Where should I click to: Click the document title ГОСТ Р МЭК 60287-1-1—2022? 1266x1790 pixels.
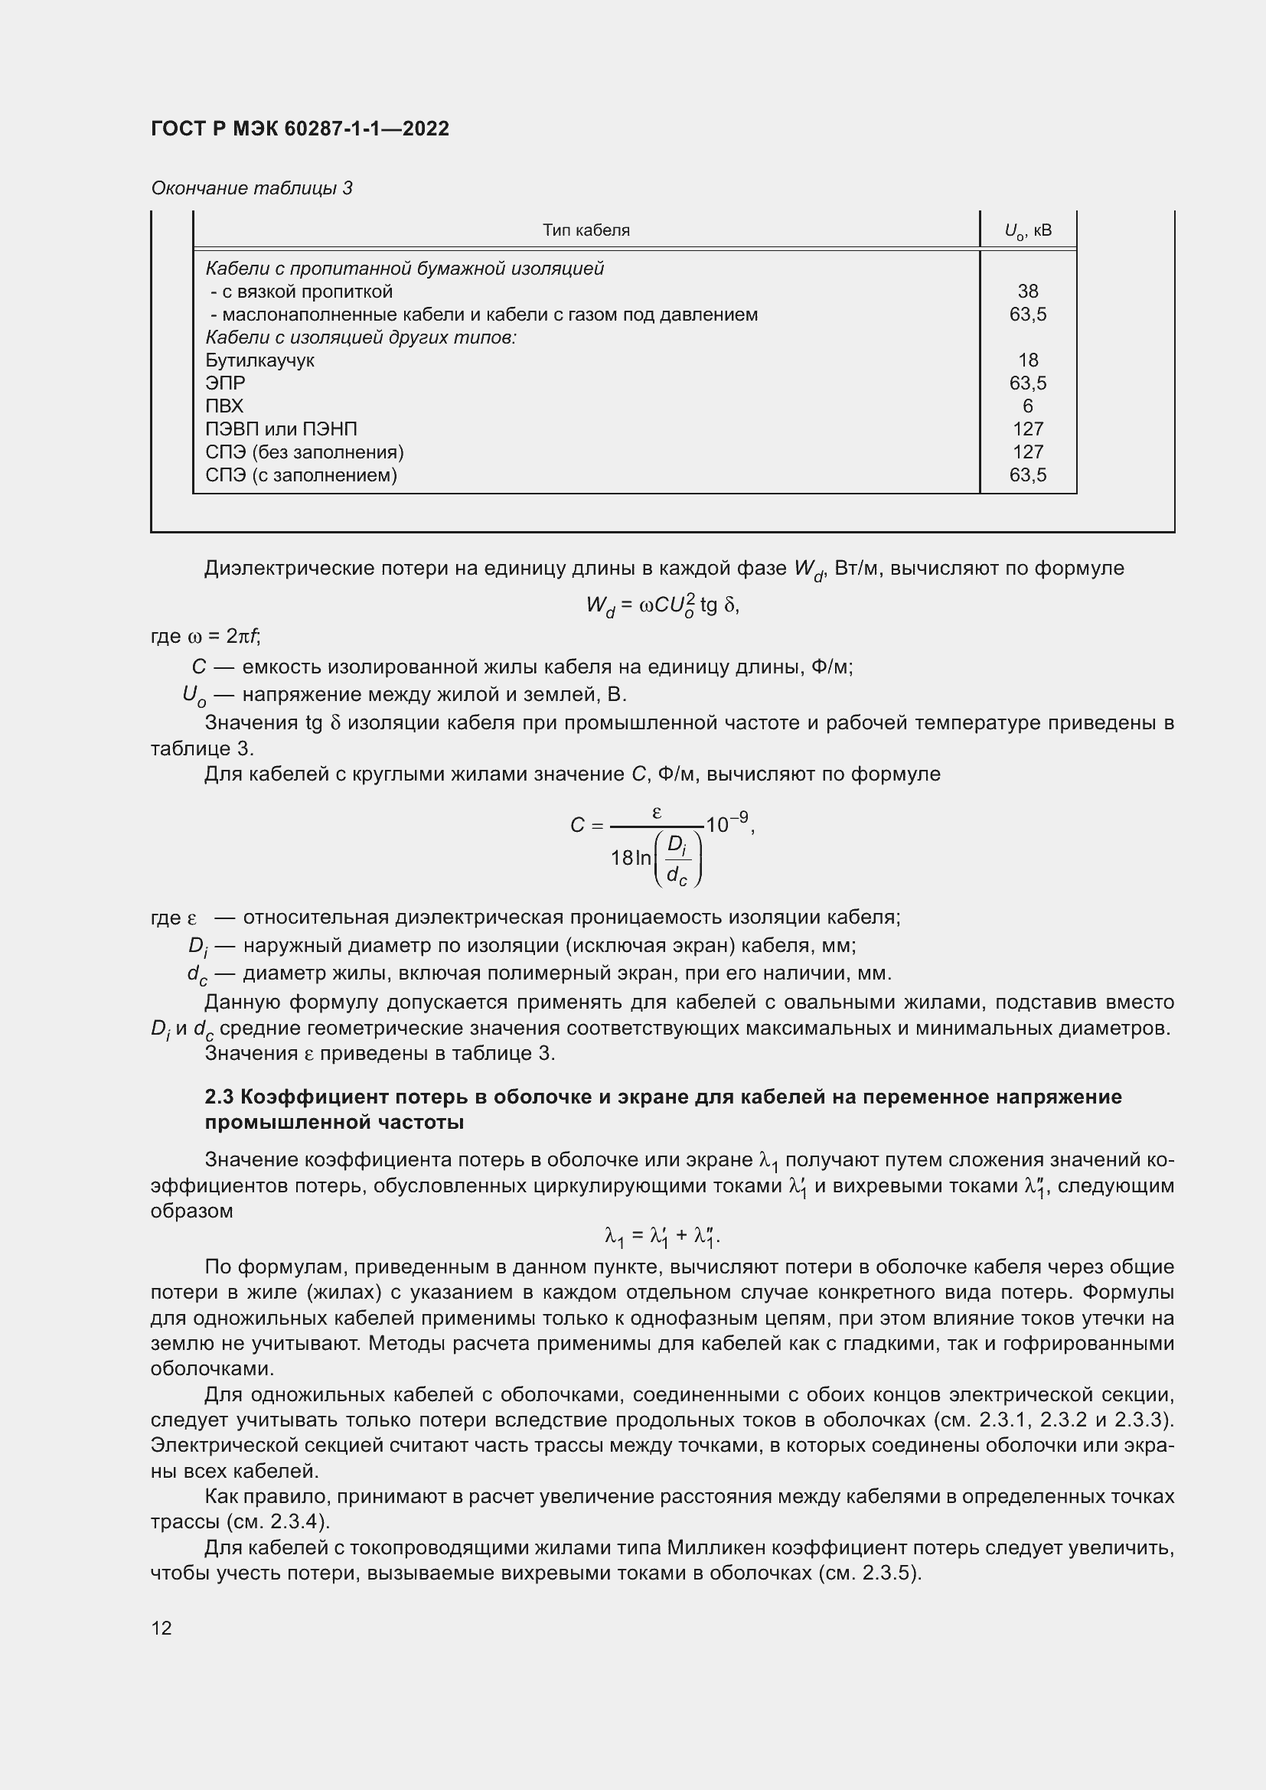pyautogui.click(x=300, y=129)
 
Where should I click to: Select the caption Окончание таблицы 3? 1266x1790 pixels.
pyautogui.click(x=251, y=188)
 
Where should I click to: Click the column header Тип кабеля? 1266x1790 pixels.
pyautogui.click(x=586, y=230)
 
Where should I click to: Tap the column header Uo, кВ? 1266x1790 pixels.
pyautogui.click(x=1027, y=231)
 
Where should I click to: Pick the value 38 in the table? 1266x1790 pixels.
pyautogui.click(x=1027, y=292)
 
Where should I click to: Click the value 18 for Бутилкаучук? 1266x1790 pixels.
pyautogui.click(x=1027, y=360)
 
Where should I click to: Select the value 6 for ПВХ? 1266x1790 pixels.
pyautogui.click(x=1027, y=406)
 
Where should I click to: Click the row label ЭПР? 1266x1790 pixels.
pyautogui.click(x=225, y=383)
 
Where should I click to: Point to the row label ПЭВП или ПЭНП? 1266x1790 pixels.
pyautogui.click(x=282, y=429)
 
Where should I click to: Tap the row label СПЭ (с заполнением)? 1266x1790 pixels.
pyautogui.click(x=301, y=474)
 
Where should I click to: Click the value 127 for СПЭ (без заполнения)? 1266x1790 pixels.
pyautogui.click(x=1027, y=452)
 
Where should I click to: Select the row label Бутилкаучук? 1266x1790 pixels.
pyautogui.click(x=259, y=360)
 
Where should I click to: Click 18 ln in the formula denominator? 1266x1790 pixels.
pyautogui.click(x=631, y=858)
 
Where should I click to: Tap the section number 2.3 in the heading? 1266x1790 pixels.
pyautogui.click(x=219, y=1097)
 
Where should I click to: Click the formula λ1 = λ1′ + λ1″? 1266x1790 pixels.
pyautogui.click(x=662, y=1236)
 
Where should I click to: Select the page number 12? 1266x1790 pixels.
pyautogui.click(x=162, y=1628)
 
